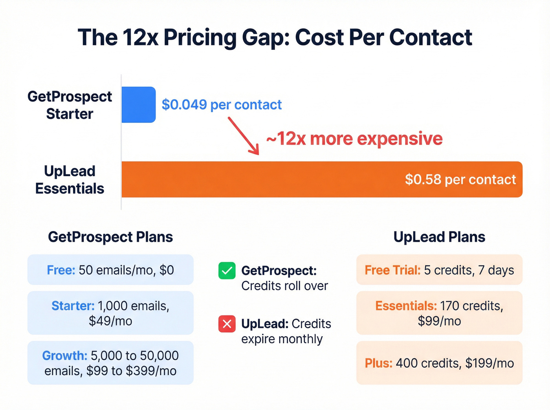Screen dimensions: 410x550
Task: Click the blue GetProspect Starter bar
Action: [x=138, y=105]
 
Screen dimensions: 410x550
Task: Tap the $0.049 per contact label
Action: [x=222, y=105]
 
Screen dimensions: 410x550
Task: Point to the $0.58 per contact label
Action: [x=460, y=179]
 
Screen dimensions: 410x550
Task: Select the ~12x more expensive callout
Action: [x=354, y=138]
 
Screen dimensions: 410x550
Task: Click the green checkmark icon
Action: [x=227, y=271]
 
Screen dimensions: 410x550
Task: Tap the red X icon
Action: [x=227, y=324]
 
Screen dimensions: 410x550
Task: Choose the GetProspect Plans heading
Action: [x=110, y=237]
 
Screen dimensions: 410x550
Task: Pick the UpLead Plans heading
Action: [x=439, y=237]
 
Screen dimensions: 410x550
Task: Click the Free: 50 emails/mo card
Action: [x=110, y=270]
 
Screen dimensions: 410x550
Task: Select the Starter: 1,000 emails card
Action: [x=110, y=313]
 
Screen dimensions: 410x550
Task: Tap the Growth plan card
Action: [x=110, y=363]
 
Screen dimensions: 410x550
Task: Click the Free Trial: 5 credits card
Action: [x=439, y=270]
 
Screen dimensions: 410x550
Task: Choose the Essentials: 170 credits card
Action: [x=439, y=313]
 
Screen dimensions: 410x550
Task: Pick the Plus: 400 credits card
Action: [x=439, y=363]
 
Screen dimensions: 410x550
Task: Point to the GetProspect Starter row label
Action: [x=70, y=105]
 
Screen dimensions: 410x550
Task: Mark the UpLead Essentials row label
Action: [x=70, y=180]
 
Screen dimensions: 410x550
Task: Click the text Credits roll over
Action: [x=284, y=286]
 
